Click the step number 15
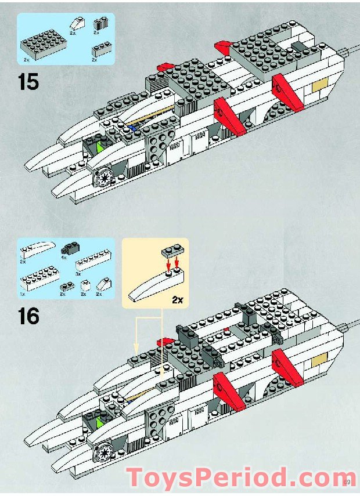tap(28, 81)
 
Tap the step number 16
tap(28, 316)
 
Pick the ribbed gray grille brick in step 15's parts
tap(101, 24)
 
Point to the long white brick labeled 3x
tap(95, 264)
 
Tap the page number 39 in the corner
tap(347, 481)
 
